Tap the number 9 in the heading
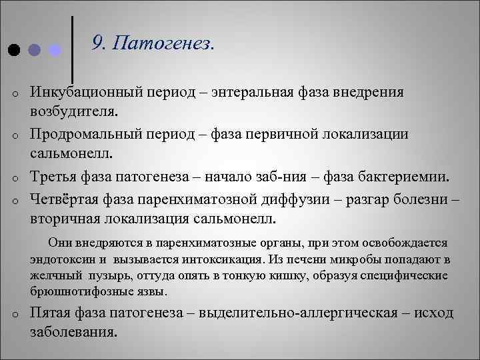tap(98, 43)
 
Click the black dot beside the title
tap(13, 50)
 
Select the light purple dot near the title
tap(55, 50)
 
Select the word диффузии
tap(311, 199)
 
